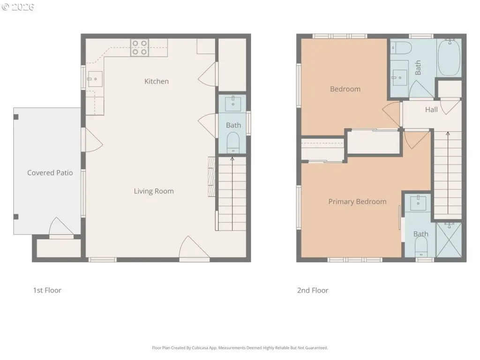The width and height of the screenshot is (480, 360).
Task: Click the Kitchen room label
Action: pos(157,82)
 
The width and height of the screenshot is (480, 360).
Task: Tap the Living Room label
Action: pos(154,191)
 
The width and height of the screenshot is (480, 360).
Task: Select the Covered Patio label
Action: pos(50,173)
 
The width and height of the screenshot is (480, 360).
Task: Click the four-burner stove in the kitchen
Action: pos(140,47)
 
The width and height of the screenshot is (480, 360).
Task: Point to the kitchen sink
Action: pos(95,79)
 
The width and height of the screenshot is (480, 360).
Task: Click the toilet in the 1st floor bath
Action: pos(233,142)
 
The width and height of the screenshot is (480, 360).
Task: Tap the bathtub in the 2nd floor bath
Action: pos(449,58)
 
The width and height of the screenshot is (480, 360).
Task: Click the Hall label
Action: pos(431,110)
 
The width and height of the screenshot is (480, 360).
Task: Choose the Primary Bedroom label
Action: pos(357,202)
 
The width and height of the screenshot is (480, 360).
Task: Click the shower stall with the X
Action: pos(449,240)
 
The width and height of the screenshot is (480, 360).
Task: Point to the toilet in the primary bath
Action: pos(421,247)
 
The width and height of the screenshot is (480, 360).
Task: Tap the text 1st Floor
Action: pos(47,290)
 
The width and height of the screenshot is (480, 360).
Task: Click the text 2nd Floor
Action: pos(313,290)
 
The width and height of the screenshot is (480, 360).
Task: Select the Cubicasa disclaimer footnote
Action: pos(240,348)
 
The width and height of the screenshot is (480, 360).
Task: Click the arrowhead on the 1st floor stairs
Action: pos(232,159)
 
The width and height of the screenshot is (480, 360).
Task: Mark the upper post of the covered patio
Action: pos(16,117)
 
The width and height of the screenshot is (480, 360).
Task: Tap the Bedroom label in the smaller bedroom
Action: pos(345,89)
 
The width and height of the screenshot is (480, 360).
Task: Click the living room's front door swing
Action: pos(194,249)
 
